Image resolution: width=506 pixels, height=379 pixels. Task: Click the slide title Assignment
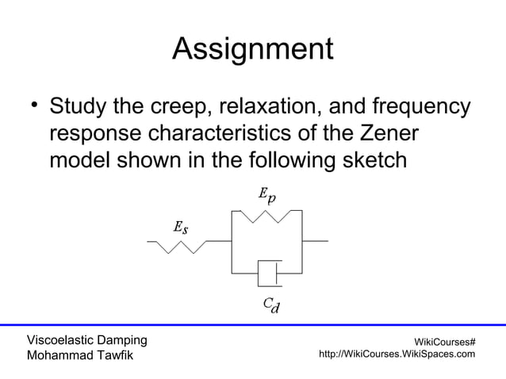pos(252,50)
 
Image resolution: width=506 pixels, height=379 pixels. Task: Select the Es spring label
pos(181,228)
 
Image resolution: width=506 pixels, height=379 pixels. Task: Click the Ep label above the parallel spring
pos(267,195)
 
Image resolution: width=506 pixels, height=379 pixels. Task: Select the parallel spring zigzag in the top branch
pos(266,216)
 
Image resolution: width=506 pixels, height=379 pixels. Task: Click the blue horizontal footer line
pos(253,324)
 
